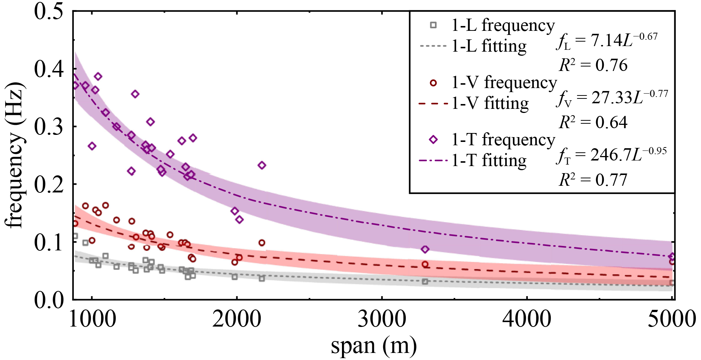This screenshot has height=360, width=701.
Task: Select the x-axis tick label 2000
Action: [237, 319]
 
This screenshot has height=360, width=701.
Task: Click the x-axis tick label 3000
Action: [382, 319]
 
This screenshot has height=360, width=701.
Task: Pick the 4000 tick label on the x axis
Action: [527, 319]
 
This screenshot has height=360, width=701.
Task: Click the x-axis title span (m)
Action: [373, 346]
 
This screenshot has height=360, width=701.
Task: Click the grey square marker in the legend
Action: [433, 25]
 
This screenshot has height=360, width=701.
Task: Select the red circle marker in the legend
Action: [433, 83]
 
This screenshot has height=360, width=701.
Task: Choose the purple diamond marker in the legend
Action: [433, 140]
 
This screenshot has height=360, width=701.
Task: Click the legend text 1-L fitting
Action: [489, 46]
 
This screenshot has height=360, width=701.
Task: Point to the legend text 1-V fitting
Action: [490, 103]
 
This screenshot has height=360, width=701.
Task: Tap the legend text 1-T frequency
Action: [503, 140]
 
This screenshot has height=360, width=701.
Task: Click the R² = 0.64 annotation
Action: [593, 122]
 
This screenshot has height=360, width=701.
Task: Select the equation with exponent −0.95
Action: [611, 155]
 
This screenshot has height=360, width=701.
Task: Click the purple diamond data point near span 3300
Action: [425, 249]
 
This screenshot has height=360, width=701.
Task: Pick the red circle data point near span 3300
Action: [425, 265]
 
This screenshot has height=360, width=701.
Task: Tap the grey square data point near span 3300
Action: [425, 282]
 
